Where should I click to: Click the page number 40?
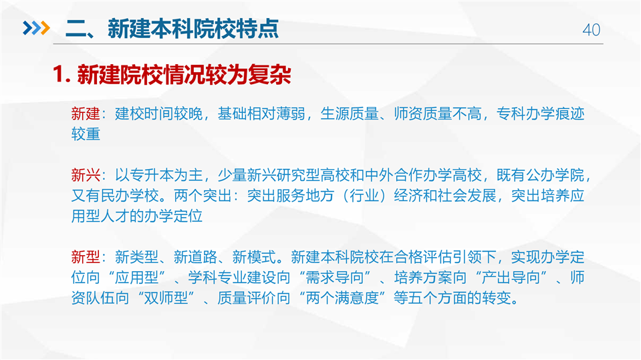coord(591,30)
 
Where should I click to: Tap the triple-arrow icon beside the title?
coord(36,28)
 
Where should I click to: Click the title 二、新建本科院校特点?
coord(172,29)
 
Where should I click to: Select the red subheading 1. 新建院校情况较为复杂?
coord(172,75)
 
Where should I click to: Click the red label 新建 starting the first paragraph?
coord(86,114)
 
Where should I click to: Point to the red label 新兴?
coord(86,175)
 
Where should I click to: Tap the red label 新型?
coord(86,257)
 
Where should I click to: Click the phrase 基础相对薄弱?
coord(261,114)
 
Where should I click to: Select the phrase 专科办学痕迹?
coord(541,114)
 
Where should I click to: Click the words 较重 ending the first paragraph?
coord(86,134)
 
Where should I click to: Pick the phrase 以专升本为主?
coord(159,175)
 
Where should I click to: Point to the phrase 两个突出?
coord(203,196)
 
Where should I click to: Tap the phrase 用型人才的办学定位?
coord(137,216)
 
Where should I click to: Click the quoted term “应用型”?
coord(136,277)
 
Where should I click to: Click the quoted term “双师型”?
coord(166,298)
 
